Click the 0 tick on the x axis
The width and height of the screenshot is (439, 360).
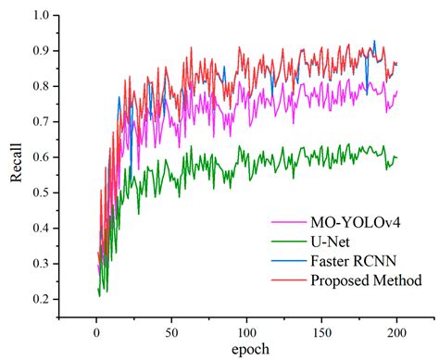click(x=95, y=330)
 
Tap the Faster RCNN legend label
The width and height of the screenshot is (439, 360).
click(x=350, y=261)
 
